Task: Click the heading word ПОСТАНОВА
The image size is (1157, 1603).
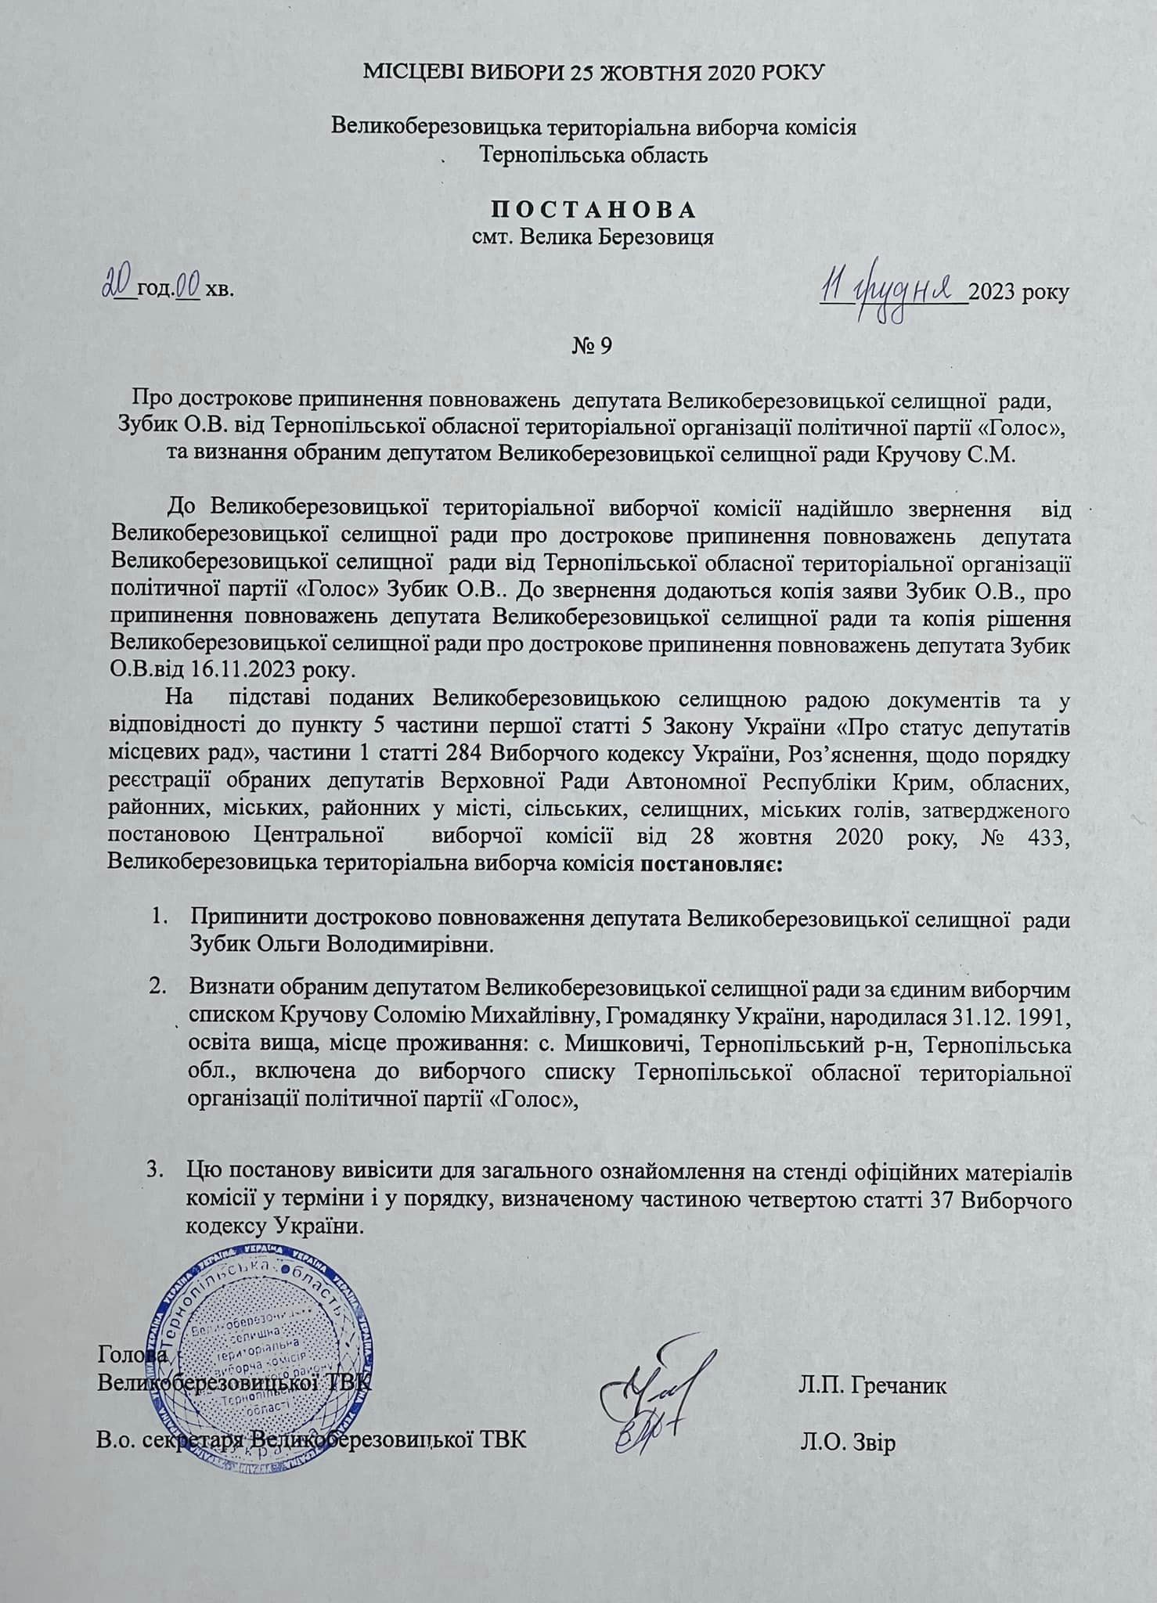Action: [x=593, y=210]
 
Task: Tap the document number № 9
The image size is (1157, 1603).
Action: [x=592, y=345]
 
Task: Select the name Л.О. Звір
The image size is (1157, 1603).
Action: [x=847, y=1443]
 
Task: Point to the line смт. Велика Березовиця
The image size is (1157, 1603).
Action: [x=593, y=236]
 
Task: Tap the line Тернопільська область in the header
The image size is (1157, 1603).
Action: [x=593, y=154]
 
